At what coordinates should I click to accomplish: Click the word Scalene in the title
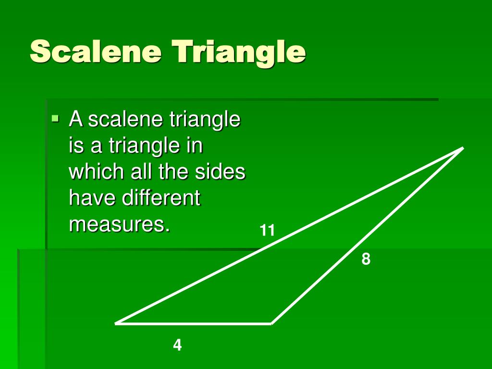coord(96,51)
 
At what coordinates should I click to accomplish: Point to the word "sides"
coord(221,172)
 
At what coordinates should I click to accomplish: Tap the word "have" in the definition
coord(91,198)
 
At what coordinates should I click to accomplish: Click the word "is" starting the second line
coord(76,146)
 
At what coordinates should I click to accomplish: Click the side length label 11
coord(267,231)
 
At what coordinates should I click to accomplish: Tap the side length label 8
coord(366,259)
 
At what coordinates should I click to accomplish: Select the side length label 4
coord(178,345)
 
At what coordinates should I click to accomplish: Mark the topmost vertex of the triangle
coord(462,148)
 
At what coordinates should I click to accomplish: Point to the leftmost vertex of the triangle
coord(117,323)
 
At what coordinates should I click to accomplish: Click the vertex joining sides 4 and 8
coord(271,323)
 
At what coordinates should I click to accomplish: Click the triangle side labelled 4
coord(194,323)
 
